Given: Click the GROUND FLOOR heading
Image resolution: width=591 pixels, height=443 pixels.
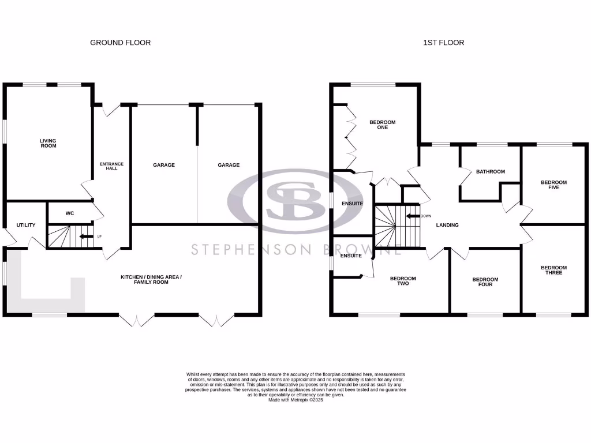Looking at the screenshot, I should click(120, 43).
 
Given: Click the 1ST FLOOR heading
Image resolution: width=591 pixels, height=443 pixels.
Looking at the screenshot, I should click(443, 43).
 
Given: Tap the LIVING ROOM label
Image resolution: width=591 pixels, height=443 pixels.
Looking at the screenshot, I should click(48, 143).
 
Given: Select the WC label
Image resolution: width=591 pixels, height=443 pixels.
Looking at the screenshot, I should click(70, 213).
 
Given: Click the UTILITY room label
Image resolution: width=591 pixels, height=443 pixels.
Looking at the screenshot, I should click(26, 225).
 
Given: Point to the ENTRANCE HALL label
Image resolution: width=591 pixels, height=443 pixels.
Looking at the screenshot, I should click(112, 166).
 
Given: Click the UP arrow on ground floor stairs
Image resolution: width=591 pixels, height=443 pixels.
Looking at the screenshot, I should click(86, 236).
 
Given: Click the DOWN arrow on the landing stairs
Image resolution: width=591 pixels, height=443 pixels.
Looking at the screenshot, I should click(413, 216).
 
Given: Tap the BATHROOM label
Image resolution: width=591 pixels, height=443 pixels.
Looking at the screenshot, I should click(490, 171).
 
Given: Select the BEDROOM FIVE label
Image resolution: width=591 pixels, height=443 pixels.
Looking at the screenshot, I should click(553, 185).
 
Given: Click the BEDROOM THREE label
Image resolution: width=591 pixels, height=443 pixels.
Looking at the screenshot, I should click(553, 270).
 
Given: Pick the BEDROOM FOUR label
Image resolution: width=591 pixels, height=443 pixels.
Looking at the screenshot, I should click(485, 281).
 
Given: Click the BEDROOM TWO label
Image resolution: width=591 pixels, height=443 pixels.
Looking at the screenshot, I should click(403, 281).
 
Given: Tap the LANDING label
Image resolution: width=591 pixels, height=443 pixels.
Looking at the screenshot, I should click(447, 225).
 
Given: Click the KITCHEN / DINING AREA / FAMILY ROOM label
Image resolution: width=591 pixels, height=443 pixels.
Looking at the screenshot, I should click(151, 280).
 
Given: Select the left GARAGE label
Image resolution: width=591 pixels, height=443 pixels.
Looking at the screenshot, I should click(164, 165).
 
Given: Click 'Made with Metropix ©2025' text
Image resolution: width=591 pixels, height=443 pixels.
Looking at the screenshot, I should click(295, 400).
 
